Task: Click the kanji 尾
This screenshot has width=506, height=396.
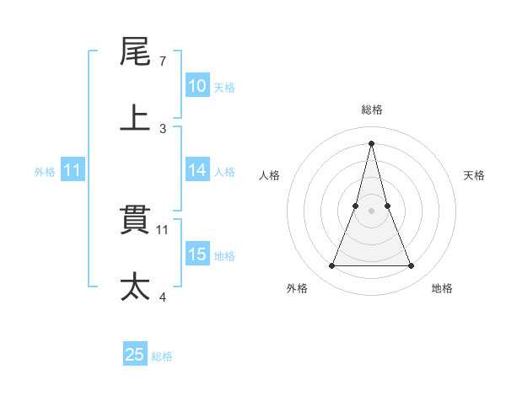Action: tap(136, 51)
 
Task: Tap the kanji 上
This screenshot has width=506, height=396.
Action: tap(136, 118)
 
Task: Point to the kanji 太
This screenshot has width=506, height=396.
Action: tap(136, 286)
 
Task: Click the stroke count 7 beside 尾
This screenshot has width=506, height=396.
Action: tap(163, 62)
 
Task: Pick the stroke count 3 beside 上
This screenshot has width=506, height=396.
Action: tap(163, 129)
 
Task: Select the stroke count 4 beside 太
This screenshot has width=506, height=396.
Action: tap(163, 297)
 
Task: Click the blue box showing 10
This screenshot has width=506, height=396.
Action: tap(197, 86)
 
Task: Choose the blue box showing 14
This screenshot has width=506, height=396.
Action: tap(197, 170)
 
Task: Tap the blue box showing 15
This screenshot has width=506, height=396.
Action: tap(197, 254)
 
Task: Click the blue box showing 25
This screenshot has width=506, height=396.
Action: tap(135, 355)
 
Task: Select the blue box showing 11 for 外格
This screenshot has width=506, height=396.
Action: tap(73, 170)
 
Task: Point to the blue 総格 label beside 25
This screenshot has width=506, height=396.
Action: tap(162, 356)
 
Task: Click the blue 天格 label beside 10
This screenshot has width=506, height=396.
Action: tap(224, 87)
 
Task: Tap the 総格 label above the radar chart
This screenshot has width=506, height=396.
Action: tap(372, 110)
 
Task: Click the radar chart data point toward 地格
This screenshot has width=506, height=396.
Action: tap(412, 266)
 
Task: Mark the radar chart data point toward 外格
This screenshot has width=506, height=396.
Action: tap(331, 266)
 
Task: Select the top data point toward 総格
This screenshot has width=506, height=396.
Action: tap(372, 142)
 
